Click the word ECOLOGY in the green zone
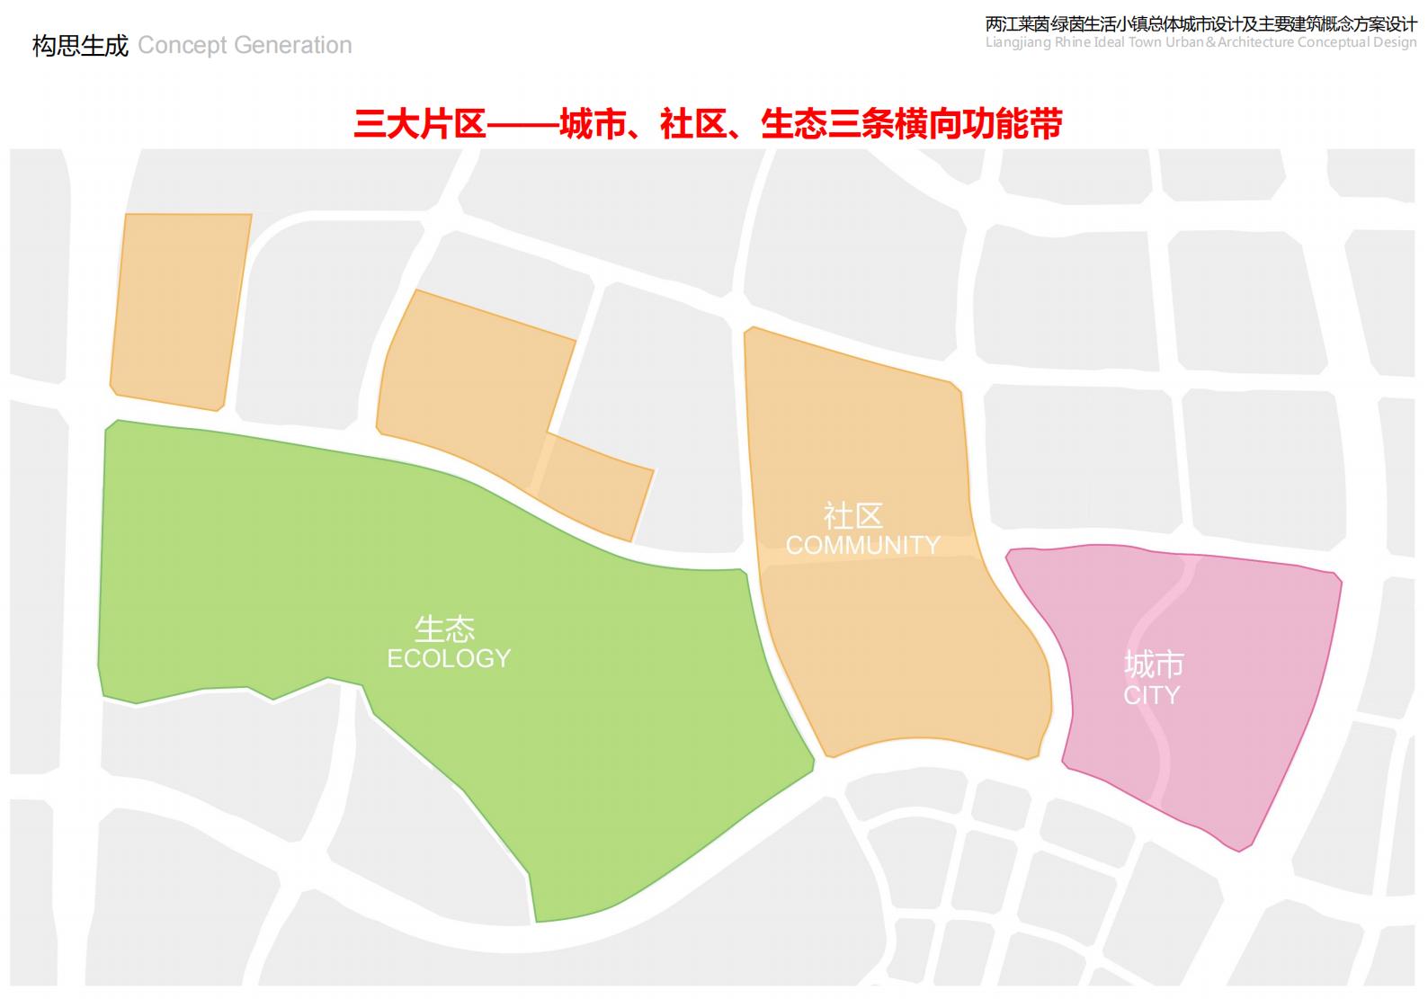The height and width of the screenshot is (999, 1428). tap(449, 659)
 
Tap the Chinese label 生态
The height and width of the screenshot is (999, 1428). tap(444, 629)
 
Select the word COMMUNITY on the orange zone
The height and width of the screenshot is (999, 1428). tap(862, 545)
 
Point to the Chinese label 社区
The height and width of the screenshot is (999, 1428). tap(853, 516)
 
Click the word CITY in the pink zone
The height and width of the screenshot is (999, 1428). tap(1151, 695)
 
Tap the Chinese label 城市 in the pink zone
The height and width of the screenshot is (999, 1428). tap(1154, 665)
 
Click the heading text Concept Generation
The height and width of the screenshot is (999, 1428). tap(245, 45)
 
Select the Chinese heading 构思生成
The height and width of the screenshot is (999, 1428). tap(80, 45)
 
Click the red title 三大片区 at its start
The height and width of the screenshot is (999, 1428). tap(420, 124)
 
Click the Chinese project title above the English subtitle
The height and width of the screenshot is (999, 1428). tap(1200, 24)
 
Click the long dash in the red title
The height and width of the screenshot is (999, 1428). tap(522, 124)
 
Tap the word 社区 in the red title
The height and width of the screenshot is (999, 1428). tap(692, 124)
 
